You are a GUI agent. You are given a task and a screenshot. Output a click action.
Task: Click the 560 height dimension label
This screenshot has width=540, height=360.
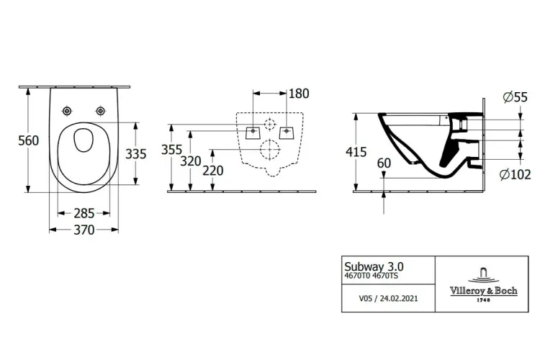click(x=14, y=141)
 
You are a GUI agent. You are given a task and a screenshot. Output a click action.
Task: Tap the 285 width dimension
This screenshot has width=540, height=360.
click(x=84, y=214)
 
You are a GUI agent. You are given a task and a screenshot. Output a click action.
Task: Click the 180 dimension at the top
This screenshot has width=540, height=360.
click(x=297, y=94)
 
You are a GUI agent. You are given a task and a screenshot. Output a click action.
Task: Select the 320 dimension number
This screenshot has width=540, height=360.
click(x=191, y=162)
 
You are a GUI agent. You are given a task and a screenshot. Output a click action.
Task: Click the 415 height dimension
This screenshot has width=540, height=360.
click(x=356, y=153)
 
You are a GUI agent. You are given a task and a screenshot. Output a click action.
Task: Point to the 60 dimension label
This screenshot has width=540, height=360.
click(x=384, y=164)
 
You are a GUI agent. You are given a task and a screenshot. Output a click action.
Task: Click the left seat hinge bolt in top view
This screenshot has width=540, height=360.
click(x=68, y=110)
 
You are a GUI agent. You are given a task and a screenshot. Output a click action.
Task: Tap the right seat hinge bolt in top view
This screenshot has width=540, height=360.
click(x=100, y=110)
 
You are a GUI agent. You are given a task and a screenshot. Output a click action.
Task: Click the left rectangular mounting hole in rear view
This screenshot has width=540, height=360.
click(x=252, y=132)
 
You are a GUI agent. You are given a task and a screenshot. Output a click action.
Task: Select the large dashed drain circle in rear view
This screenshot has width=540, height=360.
click(x=269, y=149)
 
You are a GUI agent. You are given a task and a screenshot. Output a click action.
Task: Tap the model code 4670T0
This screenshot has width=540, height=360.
click(x=358, y=274)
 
